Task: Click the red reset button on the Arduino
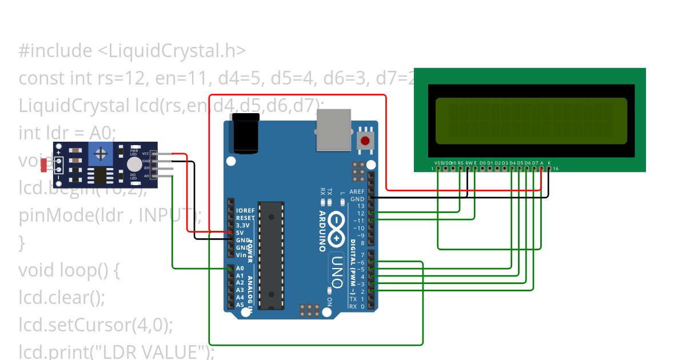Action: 365,140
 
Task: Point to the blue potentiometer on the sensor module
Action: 101,154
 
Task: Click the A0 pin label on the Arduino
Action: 240,268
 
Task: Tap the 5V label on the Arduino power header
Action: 240,233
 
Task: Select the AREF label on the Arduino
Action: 357,192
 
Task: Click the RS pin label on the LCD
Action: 460,163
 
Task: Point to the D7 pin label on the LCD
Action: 535,163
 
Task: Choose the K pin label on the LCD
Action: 549,163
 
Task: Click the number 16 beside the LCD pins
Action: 555,169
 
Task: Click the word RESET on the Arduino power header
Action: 245,218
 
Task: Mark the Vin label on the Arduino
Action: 241,255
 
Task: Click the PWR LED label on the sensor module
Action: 134,153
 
